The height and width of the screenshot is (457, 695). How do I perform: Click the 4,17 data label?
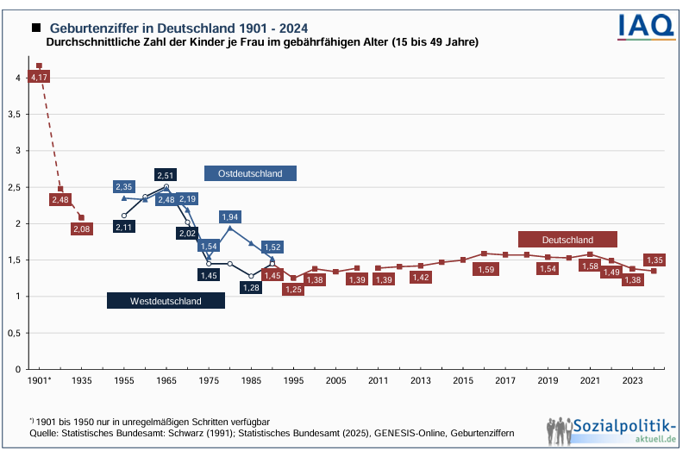(x=39, y=78)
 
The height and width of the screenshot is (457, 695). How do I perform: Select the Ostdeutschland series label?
(x=250, y=173)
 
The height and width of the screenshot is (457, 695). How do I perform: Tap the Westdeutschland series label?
(x=166, y=301)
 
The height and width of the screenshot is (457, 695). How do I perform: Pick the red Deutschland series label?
(x=567, y=239)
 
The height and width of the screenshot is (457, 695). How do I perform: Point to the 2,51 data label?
(x=166, y=176)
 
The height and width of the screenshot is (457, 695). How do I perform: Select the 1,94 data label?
(x=229, y=217)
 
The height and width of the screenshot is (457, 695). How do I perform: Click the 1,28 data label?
(x=251, y=288)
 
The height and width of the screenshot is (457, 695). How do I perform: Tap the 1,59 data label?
(x=485, y=270)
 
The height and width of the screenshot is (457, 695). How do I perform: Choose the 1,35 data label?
(x=654, y=260)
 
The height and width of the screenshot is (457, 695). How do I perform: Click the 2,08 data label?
(x=81, y=229)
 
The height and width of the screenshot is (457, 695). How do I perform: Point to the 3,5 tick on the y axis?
(x=15, y=114)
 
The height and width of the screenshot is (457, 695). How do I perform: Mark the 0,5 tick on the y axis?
(x=15, y=333)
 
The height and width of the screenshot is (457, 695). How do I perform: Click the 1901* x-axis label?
(x=40, y=379)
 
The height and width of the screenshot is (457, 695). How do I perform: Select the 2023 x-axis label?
(x=632, y=379)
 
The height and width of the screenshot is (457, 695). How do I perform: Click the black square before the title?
(x=36, y=28)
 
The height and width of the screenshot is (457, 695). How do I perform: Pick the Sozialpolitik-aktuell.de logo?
(x=610, y=430)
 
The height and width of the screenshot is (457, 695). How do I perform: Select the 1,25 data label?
(x=294, y=289)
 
